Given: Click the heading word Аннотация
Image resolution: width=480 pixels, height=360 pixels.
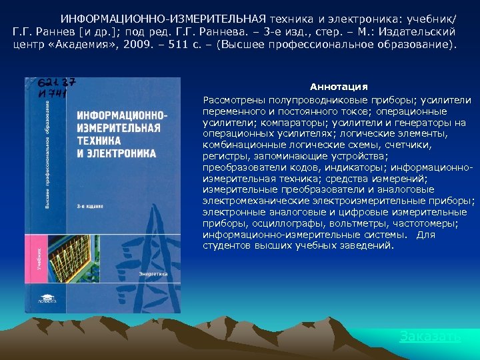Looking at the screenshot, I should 339,87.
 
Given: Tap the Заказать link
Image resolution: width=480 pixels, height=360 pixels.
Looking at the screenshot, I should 429,337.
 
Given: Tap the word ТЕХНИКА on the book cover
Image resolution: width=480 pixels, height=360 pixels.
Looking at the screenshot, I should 99,141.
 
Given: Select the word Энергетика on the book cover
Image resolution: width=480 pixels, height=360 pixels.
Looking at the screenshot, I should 153,273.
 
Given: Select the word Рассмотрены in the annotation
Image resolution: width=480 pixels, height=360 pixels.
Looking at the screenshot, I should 235,100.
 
